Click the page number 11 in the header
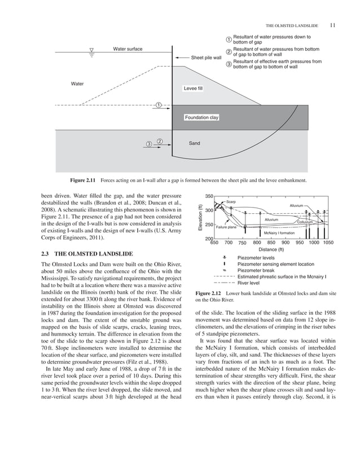(x=332, y=25)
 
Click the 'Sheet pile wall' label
(x=206, y=58)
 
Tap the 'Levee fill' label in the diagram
(x=193, y=89)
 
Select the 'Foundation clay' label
(x=201, y=117)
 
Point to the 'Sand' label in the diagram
(x=194, y=143)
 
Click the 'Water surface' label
(x=128, y=49)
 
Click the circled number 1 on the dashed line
(x=159, y=105)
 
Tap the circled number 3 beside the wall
(x=148, y=144)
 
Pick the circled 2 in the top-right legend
(x=229, y=52)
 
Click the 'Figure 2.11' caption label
(x=85, y=180)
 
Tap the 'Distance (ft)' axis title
(x=271, y=249)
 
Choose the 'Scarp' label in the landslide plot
(x=231, y=201)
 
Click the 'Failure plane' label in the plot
(x=226, y=227)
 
